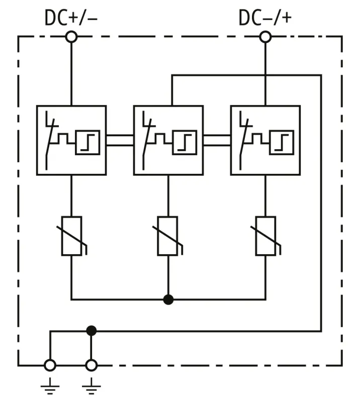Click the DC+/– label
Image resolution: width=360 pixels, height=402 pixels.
pyautogui.click(x=71, y=18)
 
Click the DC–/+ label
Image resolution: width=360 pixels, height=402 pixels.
pyautogui.click(x=265, y=18)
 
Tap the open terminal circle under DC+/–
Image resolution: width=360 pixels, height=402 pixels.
pyautogui.click(x=71, y=37)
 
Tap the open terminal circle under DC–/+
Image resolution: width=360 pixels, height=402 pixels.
pyautogui.click(x=265, y=37)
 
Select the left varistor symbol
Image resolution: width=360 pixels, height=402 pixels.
pyautogui.click(x=71, y=236)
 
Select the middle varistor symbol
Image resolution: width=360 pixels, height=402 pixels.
pyautogui.click(x=168, y=236)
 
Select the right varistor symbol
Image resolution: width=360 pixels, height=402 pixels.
pyautogui.click(x=265, y=236)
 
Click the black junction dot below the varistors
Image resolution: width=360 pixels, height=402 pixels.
pyautogui.click(x=168, y=299)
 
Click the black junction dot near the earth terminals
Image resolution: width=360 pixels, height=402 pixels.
pyautogui.click(x=91, y=330)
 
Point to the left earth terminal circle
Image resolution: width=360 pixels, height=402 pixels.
pyautogui.click(x=50, y=365)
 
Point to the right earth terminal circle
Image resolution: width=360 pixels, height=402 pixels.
pyautogui.click(x=91, y=365)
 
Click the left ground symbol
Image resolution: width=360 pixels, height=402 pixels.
pyautogui.click(x=50, y=386)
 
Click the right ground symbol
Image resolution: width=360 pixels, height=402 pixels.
pyautogui.click(x=91, y=386)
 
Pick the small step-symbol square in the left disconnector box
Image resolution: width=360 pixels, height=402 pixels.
pyautogui.click(x=87, y=142)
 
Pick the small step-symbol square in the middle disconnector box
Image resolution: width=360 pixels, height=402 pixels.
pyautogui.click(x=185, y=142)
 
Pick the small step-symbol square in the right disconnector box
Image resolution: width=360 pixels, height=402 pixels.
pyautogui.click(x=282, y=142)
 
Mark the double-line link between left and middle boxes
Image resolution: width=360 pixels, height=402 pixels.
pyautogui.click(x=120, y=140)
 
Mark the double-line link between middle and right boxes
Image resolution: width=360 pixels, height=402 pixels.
pyautogui.click(x=217, y=140)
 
